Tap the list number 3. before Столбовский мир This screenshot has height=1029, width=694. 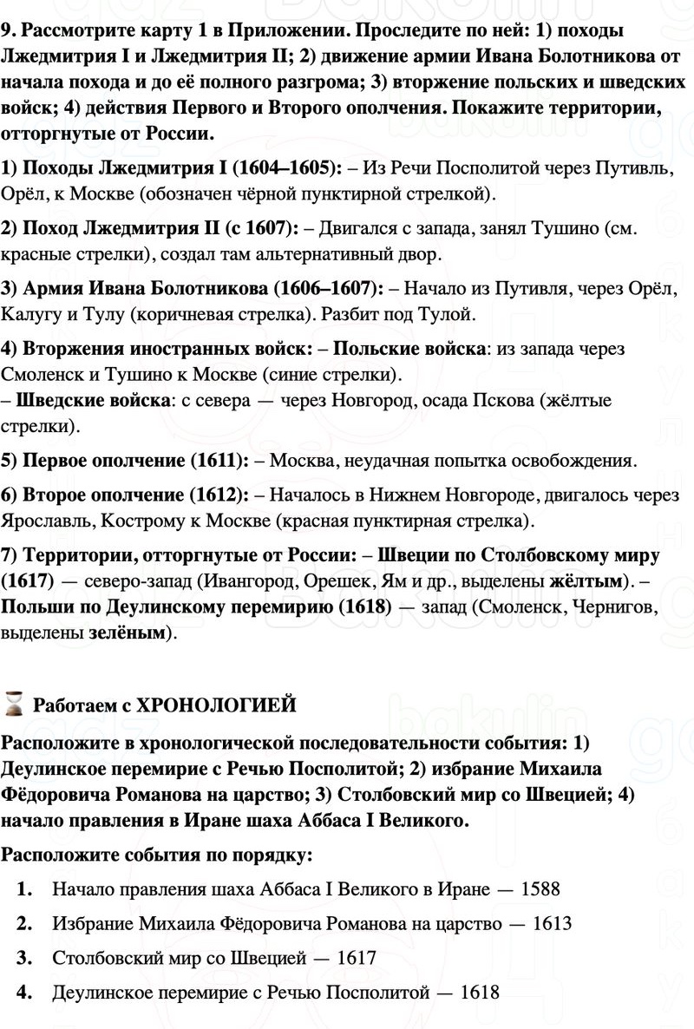click(24, 958)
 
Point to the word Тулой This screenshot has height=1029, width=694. click(448, 312)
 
